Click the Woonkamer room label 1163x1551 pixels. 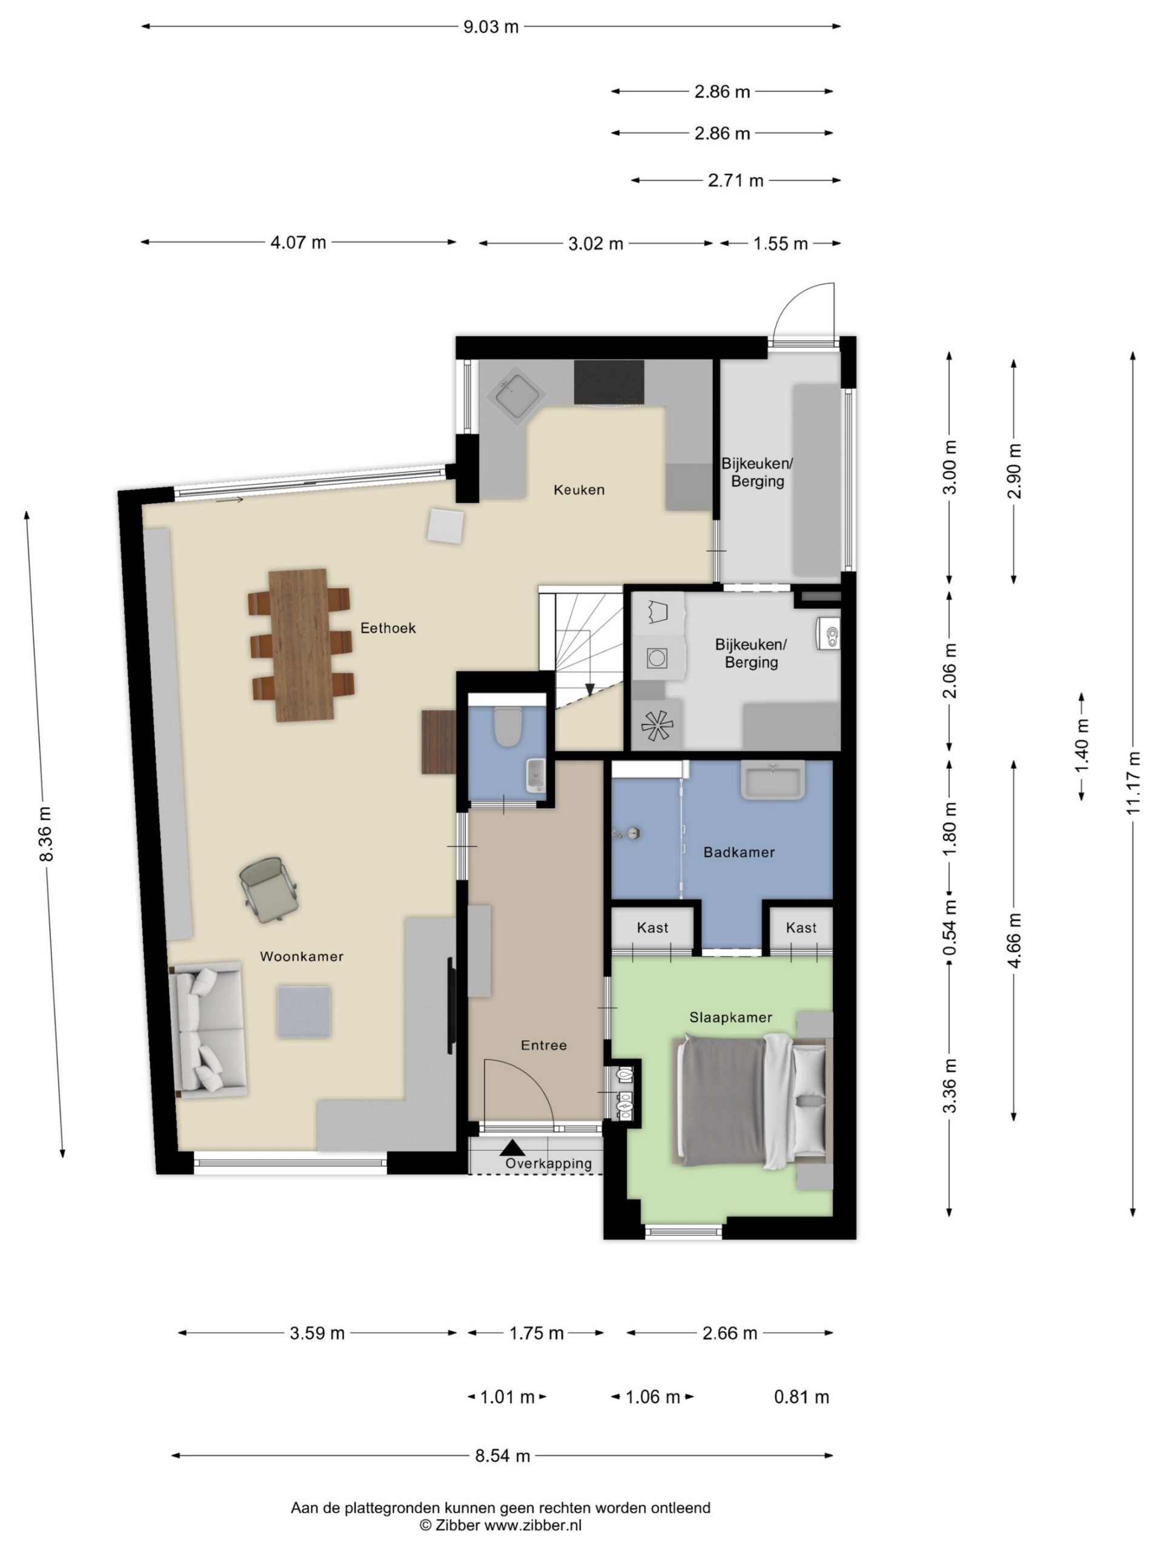(302, 957)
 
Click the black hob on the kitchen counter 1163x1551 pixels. (609, 382)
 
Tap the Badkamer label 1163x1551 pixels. (739, 852)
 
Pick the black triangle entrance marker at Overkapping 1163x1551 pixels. (512, 1148)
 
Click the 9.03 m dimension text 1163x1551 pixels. (491, 27)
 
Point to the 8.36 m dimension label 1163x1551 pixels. (45, 834)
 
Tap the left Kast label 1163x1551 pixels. (652, 928)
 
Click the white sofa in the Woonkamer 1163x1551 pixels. (208, 1029)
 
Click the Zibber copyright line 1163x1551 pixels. (500, 1525)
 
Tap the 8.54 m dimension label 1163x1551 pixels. (503, 1456)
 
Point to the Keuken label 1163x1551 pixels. (579, 490)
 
